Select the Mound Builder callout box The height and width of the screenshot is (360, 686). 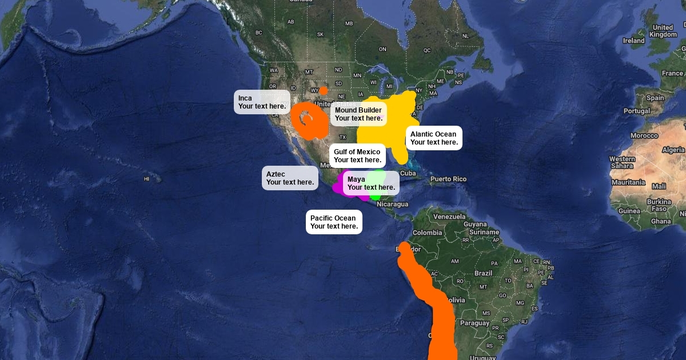(358, 114)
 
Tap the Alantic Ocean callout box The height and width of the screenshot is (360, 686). (434, 138)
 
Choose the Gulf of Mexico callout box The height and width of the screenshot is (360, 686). (357, 155)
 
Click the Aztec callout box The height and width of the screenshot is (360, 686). (290, 178)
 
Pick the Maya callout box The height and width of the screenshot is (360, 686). (371, 183)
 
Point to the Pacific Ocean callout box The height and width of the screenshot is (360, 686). (334, 222)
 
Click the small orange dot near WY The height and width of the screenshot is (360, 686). (324, 90)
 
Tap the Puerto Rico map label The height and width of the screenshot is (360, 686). (448, 179)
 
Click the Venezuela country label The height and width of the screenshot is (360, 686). (449, 217)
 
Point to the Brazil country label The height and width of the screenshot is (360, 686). (483, 273)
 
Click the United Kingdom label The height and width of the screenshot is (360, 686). (663, 31)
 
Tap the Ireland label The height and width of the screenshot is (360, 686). (633, 41)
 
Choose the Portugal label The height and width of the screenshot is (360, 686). (637, 111)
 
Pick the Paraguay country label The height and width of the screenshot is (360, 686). (475, 323)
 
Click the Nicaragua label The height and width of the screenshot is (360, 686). (392, 204)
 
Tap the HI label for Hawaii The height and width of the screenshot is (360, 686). (146, 179)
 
